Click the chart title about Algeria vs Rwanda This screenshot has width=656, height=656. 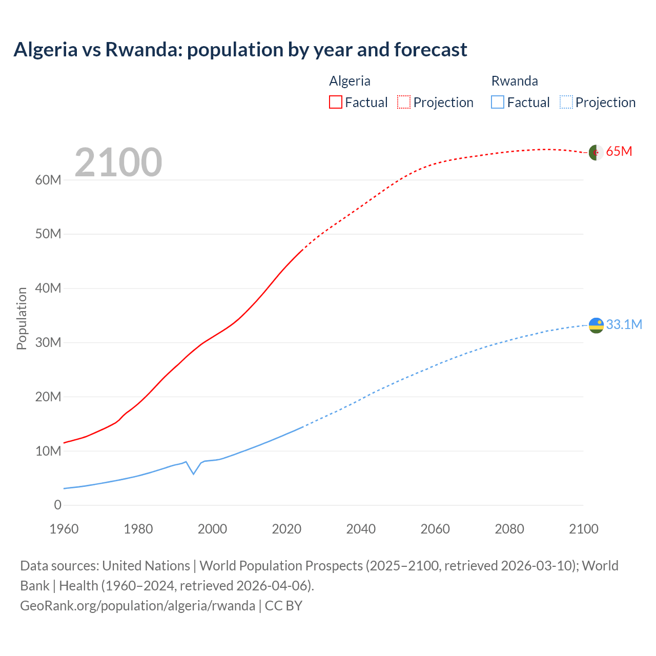pyautogui.click(x=240, y=50)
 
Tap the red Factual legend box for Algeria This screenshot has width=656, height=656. pyautogui.click(x=335, y=102)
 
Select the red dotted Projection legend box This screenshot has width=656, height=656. pyautogui.click(x=403, y=102)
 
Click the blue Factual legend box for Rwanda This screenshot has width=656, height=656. pyautogui.click(x=497, y=102)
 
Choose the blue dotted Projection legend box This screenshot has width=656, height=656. pyautogui.click(x=566, y=102)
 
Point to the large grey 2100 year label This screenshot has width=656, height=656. pyautogui.click(x=118, y=162)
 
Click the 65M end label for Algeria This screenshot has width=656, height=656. pyautogui.click(x=619, y=152)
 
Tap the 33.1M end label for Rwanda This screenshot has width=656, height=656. pyautogui.click(x=624, y=324)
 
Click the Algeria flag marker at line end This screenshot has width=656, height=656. pyautogui.click(x=596, y=152)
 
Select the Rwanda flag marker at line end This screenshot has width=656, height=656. pyautogui.click(x=596, y=325)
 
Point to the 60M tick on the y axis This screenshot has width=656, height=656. pyautogui.click(x=48, y=180)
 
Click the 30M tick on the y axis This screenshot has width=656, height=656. pyautogui.click(x=48, y=342)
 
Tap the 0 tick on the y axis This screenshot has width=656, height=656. pyautogui.click(x=57, y=505)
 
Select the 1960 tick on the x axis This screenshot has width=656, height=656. pyautogui.click(x=64, y=529)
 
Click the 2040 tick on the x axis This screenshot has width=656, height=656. pyautogui.click(x=361, y=529)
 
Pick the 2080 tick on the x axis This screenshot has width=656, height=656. pyautogui.click(x=509, y=529)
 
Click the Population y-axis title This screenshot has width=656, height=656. pyautogui.click(x=22, y=318)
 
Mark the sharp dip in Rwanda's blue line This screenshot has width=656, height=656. pyautogui.click(x=193, y=474)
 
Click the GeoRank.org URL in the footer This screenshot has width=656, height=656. pyautogui.click(x=137, y=605)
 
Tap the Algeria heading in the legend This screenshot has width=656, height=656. pyautogui.click(x=350, y=81)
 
